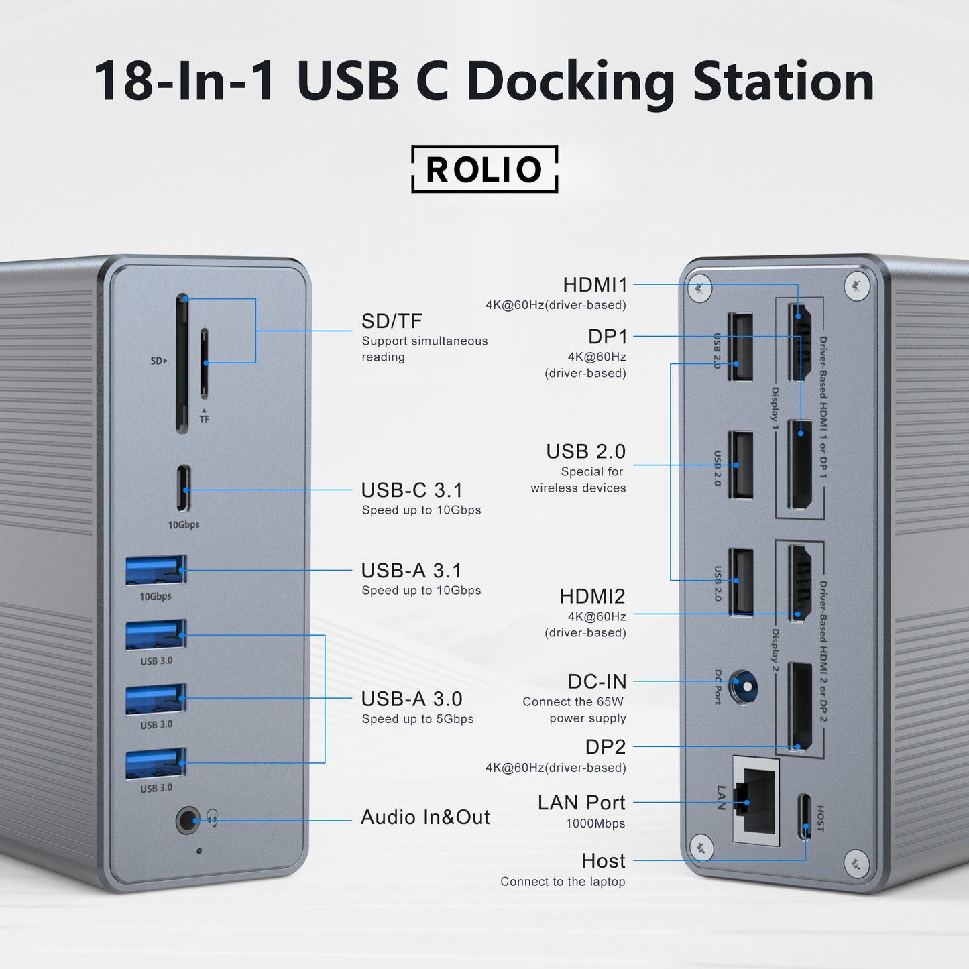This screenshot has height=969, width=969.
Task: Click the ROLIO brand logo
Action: (x=484, y=169)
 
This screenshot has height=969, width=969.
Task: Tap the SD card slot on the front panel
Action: (x=182, y=363)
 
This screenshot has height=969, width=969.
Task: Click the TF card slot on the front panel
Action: (x=205, y=364)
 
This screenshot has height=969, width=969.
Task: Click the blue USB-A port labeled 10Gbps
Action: (x=156, y=571)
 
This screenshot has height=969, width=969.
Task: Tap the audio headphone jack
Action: (x=188, y=820)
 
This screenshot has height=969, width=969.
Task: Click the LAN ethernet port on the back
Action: (x=756, y=800)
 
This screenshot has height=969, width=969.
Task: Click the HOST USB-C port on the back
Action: (x=805, y=817)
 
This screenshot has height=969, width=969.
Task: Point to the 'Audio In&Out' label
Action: (x=425, y=817)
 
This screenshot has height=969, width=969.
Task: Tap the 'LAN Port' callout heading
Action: (x=581, y=803)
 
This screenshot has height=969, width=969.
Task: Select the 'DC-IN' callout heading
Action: (x=597, y=682)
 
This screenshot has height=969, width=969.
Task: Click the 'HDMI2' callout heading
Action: (x=592, y=596)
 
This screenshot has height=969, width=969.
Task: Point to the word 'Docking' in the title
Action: (x=569, y=82)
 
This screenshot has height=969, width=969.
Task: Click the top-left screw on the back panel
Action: (x=699, y=286)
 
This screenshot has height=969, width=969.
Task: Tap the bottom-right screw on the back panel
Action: (x=856, y=862)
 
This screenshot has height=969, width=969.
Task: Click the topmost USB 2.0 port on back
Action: (x=740, y=347)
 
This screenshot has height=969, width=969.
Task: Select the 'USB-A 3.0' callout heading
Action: (x=412, y=699)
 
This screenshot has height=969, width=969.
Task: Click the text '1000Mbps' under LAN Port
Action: (x=595, y=823)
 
